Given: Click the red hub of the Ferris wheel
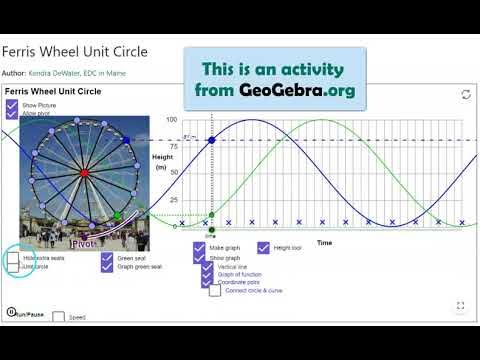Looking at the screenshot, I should (83, 174).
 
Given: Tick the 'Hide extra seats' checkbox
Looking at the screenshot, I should (13, 258).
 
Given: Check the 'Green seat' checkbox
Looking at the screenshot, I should (107, 257).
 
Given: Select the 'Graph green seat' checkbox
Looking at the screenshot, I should (107, 267).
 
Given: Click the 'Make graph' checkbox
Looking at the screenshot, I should (200, 247).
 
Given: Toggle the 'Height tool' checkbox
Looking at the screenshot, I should (264, 247).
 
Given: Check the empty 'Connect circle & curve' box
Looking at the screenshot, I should (215, 291).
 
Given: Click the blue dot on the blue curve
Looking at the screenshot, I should (211, 141).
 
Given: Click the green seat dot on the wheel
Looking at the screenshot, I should (117, 215).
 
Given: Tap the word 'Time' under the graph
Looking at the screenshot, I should (325, 242).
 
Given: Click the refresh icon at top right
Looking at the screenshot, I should (465, 94).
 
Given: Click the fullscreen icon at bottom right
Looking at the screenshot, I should (460, 306).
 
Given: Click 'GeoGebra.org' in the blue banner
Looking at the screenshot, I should (297, 91).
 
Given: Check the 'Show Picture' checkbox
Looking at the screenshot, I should (12, 105).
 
